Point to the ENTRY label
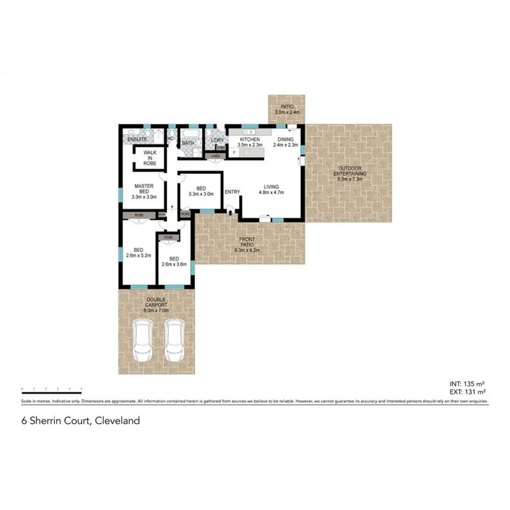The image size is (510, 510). pyautogui.click(x=232, y=192)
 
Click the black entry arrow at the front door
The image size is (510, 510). pyautogui.click(x=229, y=212)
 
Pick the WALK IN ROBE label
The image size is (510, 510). pyautogui.click(x=150, y=158)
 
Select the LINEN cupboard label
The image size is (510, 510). pyautogui.click(x=215, y=156)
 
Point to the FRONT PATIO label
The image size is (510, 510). pyautogui.click(x=246, y=244)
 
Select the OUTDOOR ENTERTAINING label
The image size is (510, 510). pyautogui.click(x=350, y=173)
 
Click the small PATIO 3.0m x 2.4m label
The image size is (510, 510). pyautogui.click(x=286, y=109)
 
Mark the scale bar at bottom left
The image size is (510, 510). pyautogui.click(x=52, y=389)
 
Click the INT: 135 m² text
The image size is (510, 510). pyautogui.click(x=466, y=383)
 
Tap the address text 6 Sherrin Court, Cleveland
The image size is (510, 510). pyautogui.click(x=80, y=420)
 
